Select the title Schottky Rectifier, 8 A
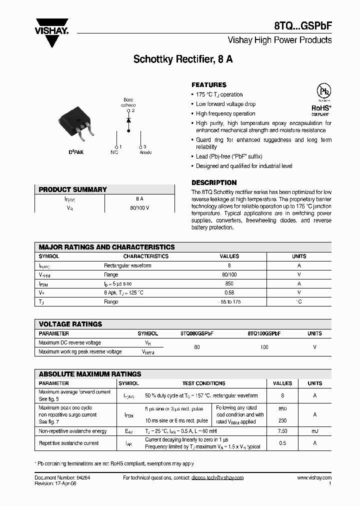click(x=183, y=59)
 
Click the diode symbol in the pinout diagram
click(x=128, y=120)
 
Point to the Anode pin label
click(x=145, y=152)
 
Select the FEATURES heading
click(x=209, y=85)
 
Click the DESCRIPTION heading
click(x=214, y=182)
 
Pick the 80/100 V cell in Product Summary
click(x=139, y=207)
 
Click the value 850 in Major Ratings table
click(x=229, y=283)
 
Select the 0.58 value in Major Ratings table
click(x=229, y=292)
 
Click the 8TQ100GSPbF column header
click(x=264, y=333)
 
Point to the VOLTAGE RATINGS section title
click(x=70, y=324)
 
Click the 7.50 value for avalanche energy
click(x=282, y=431)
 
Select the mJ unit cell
click(x=315, y=431)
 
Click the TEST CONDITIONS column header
click(x=203, y=383)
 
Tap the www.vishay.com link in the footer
click(x=314, y=478)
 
